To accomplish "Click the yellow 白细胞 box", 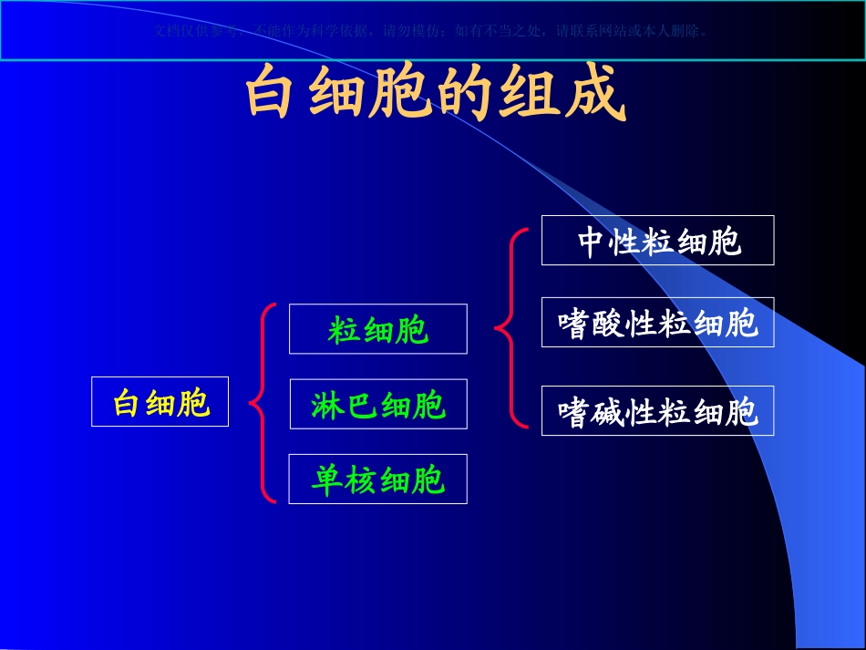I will (x=160, y=402).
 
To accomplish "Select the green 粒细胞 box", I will (x=377, y=329).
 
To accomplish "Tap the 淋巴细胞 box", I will (x=377, y=404).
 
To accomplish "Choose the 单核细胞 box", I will (x=377, y=479).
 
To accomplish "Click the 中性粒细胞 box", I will (x=657, y=241).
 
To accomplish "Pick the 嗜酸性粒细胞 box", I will (x=657, y=323).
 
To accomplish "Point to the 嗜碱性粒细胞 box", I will (x=657, y=411).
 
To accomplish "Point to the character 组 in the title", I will (x=530, y=93).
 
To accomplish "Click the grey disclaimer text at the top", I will (x=432, y=30).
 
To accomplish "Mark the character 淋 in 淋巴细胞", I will (x=327, y=405).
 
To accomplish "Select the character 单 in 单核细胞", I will (x=327, y=480).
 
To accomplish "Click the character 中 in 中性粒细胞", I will (x=593, y=242).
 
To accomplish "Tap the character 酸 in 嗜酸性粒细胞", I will (x=608, y=324).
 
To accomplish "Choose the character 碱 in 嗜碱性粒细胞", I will (x=608, y=412).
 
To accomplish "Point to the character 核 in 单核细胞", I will (x=361, y=480).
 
